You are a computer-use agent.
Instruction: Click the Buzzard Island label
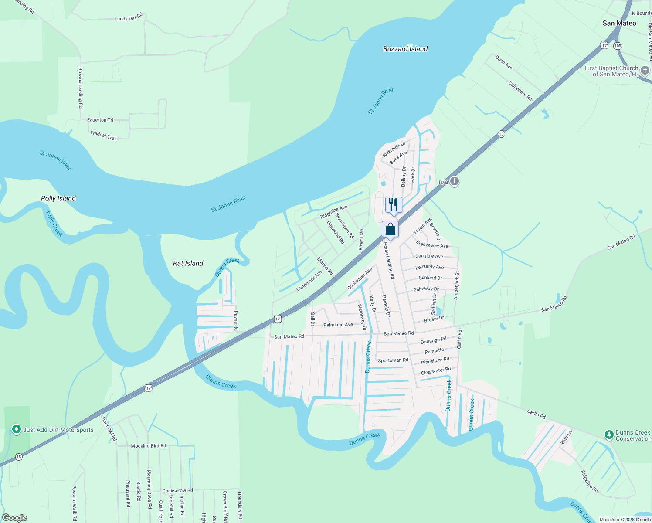click(x=405, y=49)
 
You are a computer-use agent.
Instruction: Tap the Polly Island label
click(x=58, y=198)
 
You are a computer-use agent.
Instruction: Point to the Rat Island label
click(x=188, y=263)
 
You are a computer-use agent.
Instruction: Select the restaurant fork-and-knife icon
click(x=394, y=204)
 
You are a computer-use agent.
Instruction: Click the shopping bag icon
click(x=391, y=229)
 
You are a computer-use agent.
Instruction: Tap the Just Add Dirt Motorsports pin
click(x=17, y=430)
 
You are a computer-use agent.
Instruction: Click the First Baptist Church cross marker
click(x=645, y=70)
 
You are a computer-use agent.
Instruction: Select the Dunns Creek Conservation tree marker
click(x=609, y=435)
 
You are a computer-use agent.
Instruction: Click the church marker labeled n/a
click(x=455, y=181)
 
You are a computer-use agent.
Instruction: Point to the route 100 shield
click(x=618, y=46)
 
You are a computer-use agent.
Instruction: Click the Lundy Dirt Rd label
click(x=129, y=17)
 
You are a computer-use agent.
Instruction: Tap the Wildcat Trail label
click(x=104, y=136)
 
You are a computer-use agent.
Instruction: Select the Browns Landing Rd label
click(x=80, y=88)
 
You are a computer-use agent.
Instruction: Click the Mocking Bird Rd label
click(x=148, y=446)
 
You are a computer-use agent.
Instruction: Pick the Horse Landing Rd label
click(x=389, y=261)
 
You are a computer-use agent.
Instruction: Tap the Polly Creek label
click(x=54, y=224)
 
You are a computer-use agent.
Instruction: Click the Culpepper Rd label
click(x=520, y=91)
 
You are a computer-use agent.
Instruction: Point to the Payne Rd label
click(x=236, y=320)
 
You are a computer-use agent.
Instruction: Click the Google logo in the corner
click(x=15, y=518)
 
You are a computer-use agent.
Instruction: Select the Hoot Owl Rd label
click(x=109, y=428)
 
